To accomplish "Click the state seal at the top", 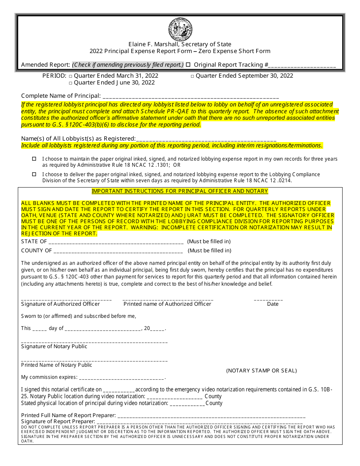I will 180,30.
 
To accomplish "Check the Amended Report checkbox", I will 188,65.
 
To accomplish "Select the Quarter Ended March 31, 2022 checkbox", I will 70,76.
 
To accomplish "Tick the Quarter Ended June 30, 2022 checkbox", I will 70,83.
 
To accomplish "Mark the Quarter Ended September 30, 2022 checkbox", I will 193,76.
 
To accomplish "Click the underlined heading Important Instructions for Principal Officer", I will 180,191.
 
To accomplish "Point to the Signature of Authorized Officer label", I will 61,304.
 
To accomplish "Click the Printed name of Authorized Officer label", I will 167,304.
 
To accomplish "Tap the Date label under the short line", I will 272,304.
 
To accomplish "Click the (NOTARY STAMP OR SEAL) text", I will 261,371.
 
